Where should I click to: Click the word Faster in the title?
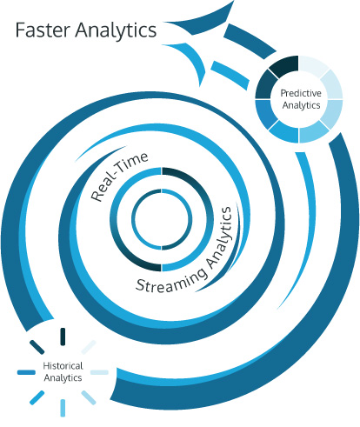tap(43, 30)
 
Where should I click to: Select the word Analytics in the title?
tap(116, 31)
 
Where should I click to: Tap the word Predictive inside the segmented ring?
tap(301, 93)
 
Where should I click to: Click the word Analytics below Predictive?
tap(302, 105)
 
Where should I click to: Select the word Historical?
tap(63, 366)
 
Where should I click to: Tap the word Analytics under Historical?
tap(63, 378)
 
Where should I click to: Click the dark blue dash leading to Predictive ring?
tap(249, 40)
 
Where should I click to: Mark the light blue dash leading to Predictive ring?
tap(230, 75)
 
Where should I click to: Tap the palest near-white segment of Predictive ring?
tap(312, 65)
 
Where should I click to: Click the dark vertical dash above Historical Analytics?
tap(63, 337)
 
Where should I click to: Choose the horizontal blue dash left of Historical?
tap(26, 372)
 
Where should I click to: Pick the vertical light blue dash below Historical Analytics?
tap(63, 408)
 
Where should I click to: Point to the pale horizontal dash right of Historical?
tap(99, 372)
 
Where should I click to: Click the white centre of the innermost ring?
tap(162, 219)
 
